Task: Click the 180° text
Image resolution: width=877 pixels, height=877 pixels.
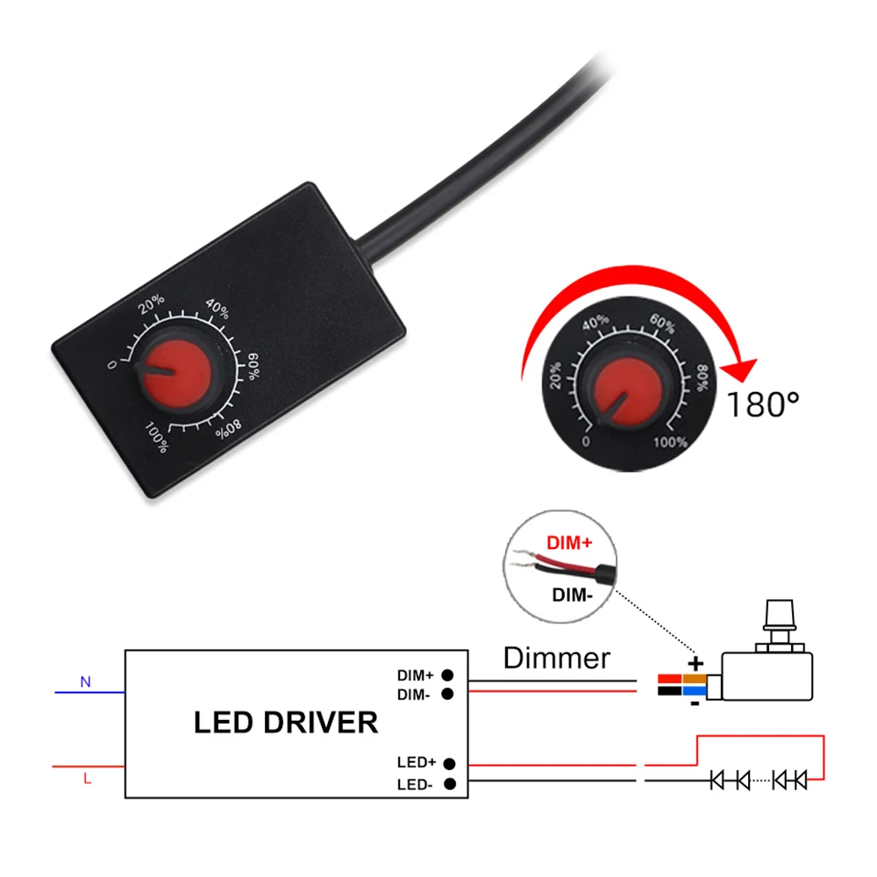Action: (763, 404)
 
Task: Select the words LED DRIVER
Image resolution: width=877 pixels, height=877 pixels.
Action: (286, 723)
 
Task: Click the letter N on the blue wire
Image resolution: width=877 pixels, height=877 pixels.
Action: (85, 681)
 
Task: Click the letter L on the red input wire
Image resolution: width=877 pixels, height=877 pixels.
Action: (86, 778)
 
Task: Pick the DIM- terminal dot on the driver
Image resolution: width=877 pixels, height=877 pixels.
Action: (447, 694)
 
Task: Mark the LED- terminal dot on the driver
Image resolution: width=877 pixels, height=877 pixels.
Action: (449, 784)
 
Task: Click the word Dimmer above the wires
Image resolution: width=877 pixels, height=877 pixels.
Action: (557, 657)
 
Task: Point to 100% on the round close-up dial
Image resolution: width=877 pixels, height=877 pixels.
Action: (671, 442)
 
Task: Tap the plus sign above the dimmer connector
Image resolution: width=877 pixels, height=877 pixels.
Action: (695, 663)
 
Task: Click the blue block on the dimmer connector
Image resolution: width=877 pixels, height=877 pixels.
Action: (695, 691)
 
